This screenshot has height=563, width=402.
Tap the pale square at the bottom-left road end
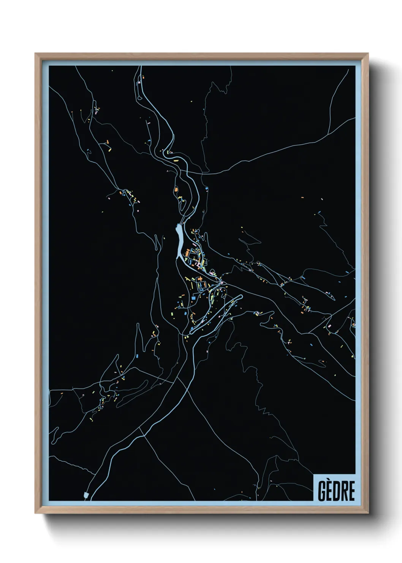(x=86, y=495)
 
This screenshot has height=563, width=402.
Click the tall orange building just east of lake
(x=187, y=253)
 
